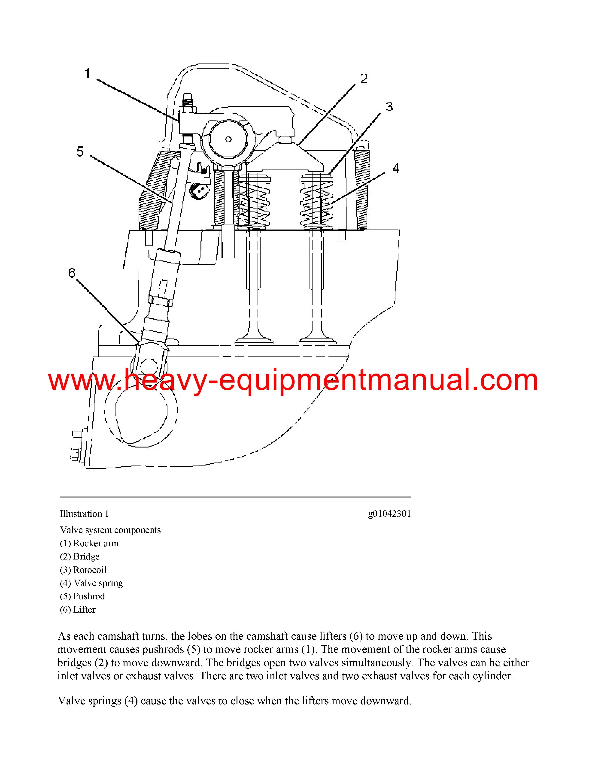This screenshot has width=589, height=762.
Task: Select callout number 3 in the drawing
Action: pos(389,107)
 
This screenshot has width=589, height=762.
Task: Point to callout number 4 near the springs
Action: pos(395,168)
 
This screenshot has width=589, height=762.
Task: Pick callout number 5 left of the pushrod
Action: pos(80,151)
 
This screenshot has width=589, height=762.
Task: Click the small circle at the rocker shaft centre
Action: pos(228,139)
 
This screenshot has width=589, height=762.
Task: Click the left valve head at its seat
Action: pos(254,339)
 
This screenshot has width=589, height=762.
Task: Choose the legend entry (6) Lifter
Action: pos(78,610)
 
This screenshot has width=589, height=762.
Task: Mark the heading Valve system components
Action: pos(110,530)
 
